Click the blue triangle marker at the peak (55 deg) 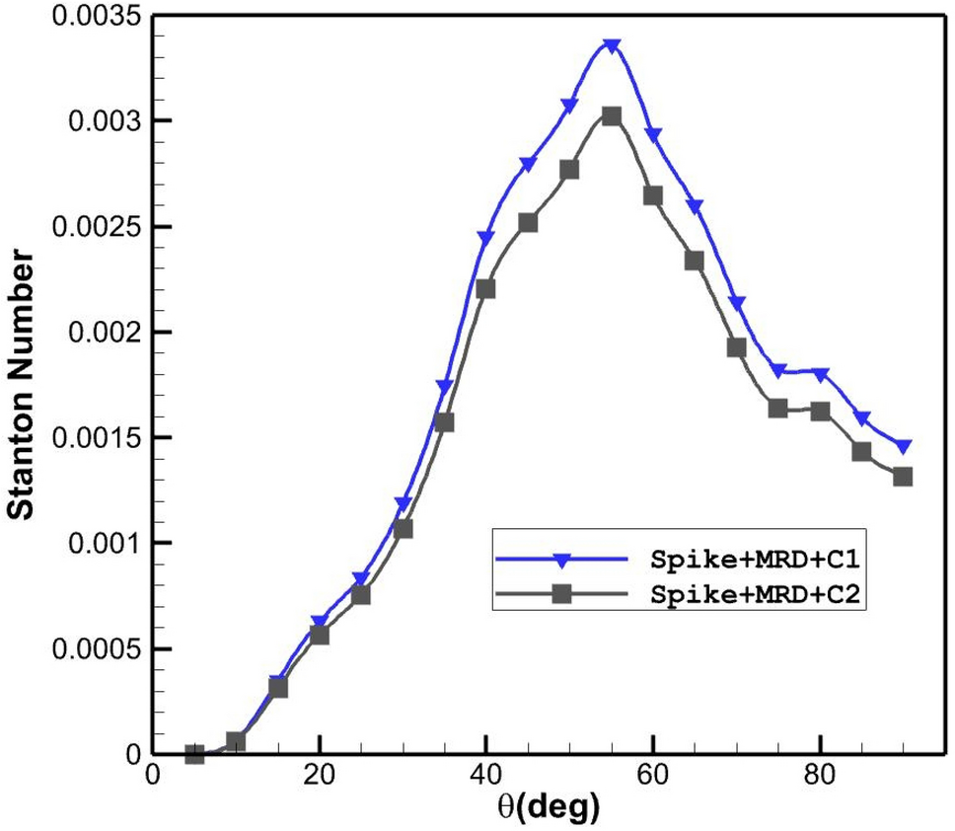point(612,46)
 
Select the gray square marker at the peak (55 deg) point(612,116)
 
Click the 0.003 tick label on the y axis point(101,121)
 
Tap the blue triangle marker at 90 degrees point(903,446)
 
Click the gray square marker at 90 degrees point(903,477)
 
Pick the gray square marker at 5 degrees point(194,754)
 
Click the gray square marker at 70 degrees point(736,347)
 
